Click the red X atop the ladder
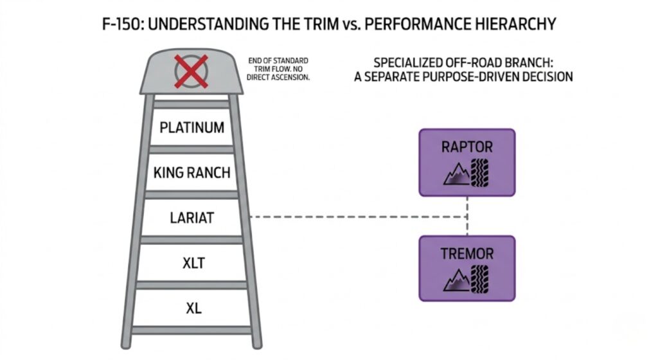point(191,71)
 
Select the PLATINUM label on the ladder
point(192,127)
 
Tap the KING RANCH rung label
point(192,172)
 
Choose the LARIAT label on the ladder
point(192,217)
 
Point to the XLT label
point(192,262)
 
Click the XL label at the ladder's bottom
point(192,308)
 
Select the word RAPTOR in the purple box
point(467,147)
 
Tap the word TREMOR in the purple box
point(467,253)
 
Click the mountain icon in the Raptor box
point(456,172)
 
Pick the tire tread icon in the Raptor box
point(479,172)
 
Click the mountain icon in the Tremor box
point(457,280)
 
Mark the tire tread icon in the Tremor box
point(479,279)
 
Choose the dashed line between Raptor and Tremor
point(467,216)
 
